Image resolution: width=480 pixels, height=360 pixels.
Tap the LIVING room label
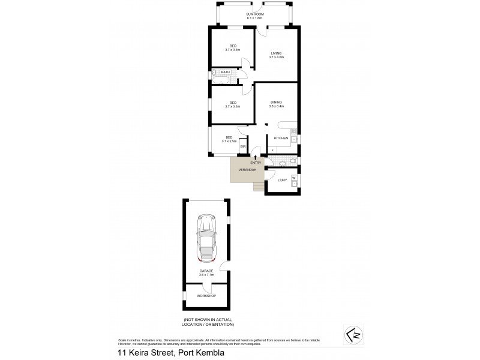pos(276,53)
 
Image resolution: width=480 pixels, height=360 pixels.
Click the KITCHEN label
pos(281,139)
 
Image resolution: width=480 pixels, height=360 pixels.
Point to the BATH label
pos(225,72)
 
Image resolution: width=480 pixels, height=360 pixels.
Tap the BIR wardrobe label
pos(243,146)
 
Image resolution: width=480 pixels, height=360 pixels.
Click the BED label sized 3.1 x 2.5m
pos(229,137)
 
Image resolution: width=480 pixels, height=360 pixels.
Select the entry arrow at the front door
pos(256,157)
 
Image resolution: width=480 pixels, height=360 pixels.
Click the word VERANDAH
pos(248,170)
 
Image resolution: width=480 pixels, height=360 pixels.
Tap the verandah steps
pos(258,187)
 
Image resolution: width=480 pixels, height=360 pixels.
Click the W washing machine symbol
pos(294,178)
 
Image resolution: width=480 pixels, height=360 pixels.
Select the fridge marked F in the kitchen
pos(273,149)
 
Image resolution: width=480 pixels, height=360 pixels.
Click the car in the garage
pos(206,239)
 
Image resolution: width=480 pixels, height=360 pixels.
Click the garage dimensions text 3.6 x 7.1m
pos(206,274)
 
